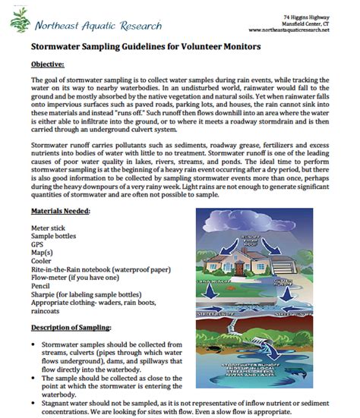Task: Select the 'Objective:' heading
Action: (48, 64)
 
